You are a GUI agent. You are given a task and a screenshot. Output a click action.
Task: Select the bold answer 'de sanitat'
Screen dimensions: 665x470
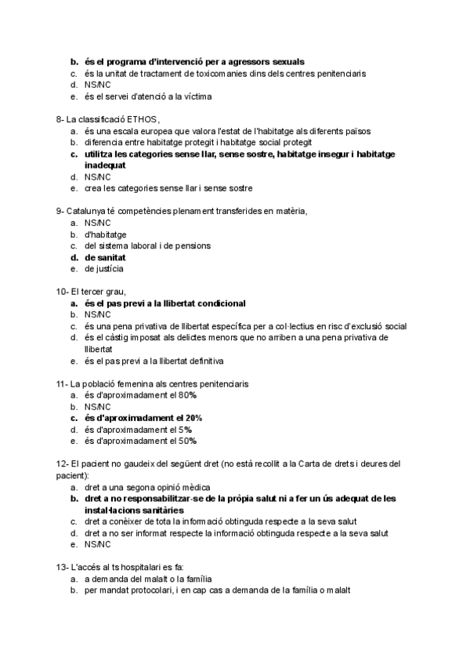click(106, 257)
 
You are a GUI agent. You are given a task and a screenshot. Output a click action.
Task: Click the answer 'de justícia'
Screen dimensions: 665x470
click(104, 269)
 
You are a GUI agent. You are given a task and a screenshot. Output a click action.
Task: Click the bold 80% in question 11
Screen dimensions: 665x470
click(187, 395)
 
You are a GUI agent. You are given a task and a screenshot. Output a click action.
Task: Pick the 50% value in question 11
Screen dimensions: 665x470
click(187, 441)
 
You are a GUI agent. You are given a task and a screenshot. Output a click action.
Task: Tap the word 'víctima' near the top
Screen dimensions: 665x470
click(196, 96)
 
